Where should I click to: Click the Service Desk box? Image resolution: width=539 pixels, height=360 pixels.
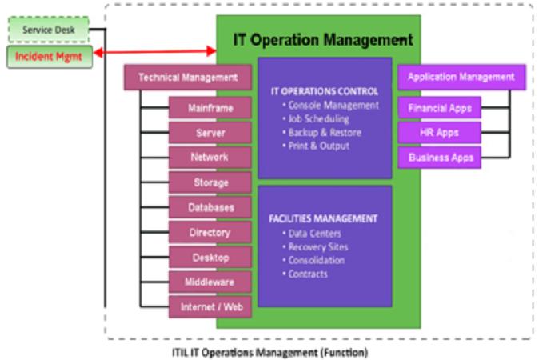(x=49, y=30)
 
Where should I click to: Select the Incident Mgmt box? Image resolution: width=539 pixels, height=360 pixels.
(x=50, y=57)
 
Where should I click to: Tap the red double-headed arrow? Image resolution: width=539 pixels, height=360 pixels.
(x=155, y=52)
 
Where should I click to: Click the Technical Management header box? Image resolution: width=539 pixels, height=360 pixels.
(x=188, y=78)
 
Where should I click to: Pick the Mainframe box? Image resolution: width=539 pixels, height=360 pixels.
(x=210, y=108)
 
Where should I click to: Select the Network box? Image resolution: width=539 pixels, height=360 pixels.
(x=210, y=158)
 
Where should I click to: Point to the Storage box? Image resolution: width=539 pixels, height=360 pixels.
(x=210, y=182)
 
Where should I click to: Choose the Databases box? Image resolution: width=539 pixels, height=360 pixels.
(x=210, y=207)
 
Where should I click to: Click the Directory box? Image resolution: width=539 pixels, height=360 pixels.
(x=210, y=233)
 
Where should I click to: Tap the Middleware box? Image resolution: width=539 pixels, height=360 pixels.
(x=210, y=282)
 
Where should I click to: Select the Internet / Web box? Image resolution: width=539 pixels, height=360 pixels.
(x=210, y=307)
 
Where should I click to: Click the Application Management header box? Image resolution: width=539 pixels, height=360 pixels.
(x=461, y=77)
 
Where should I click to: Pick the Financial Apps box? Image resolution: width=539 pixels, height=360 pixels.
(x=440, y=108)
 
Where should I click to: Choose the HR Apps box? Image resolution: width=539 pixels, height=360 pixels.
(x=440, y=133)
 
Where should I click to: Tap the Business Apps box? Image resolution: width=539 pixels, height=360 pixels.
(x=440, y=158)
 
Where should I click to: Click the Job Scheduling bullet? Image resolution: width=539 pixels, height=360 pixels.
(x=316, y=119)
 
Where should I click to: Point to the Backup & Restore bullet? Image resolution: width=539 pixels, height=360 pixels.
(x=321, y=132)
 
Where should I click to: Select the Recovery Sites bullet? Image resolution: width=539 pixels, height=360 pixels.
(x=315, y=247)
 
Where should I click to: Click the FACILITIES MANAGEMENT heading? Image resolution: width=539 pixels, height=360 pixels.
(x=323, y=218)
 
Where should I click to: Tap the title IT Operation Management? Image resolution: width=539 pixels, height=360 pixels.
(x=323, y=40)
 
